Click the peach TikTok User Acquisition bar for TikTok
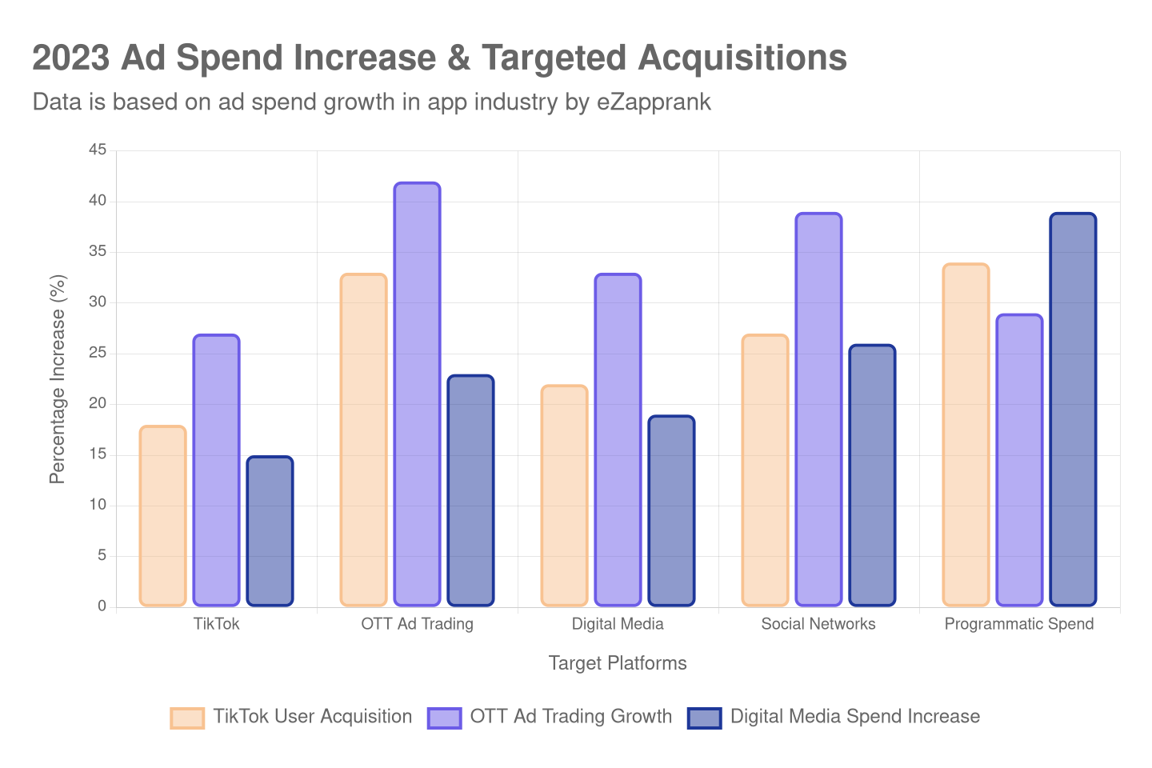point(162,516)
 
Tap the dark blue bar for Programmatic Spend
point(1073,409)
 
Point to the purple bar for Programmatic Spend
point(1019,460)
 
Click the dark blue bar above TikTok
point(270,531)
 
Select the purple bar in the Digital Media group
point(618,439)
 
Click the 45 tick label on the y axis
point(98,150)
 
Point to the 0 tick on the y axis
point(102,606)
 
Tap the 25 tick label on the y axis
point(98,352)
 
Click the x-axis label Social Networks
point(818,624)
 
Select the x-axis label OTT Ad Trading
point(417,624)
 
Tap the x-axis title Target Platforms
point(617,663)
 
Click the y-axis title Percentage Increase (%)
point(57,378)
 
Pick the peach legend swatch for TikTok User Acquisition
point(187,718)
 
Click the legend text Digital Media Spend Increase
point(854,717)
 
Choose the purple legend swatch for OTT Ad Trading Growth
point(444,718)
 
